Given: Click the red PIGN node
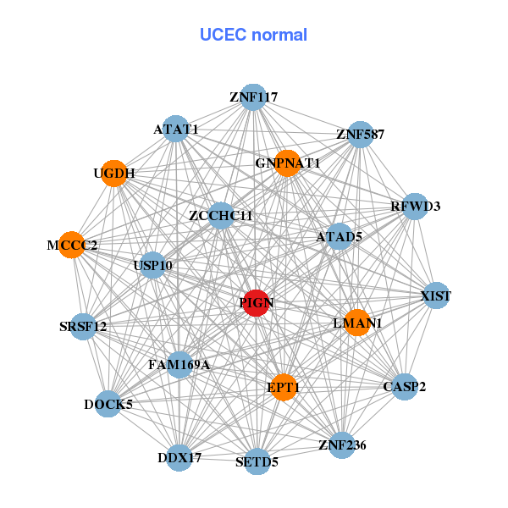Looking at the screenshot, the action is [257, 302].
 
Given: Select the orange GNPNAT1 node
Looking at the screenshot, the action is [288, 163].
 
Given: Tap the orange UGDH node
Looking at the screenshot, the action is [113, 173].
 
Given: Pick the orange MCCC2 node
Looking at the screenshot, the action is [72, 245].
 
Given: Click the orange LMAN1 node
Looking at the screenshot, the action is [357, 322].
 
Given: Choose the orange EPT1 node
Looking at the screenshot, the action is [284, 386].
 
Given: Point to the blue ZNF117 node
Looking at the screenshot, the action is [253, 97].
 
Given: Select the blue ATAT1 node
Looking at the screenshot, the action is [175, 129].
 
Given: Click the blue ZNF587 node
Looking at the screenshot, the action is [361, 135].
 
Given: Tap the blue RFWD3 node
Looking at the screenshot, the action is [414, 207].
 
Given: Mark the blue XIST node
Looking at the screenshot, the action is [435, 295].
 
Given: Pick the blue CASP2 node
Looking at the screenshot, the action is [405, 387].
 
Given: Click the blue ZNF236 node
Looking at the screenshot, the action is [341, 444].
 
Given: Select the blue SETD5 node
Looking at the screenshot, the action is [257, 461].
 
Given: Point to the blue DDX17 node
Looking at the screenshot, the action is [179, 457].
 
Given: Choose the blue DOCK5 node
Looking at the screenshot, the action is [108, 405].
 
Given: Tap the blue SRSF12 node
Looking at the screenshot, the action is [83, 326].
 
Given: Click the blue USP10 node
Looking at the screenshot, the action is [153, 266].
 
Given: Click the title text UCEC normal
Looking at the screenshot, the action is [253, 35].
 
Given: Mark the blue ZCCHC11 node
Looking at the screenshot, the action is [221, 216].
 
